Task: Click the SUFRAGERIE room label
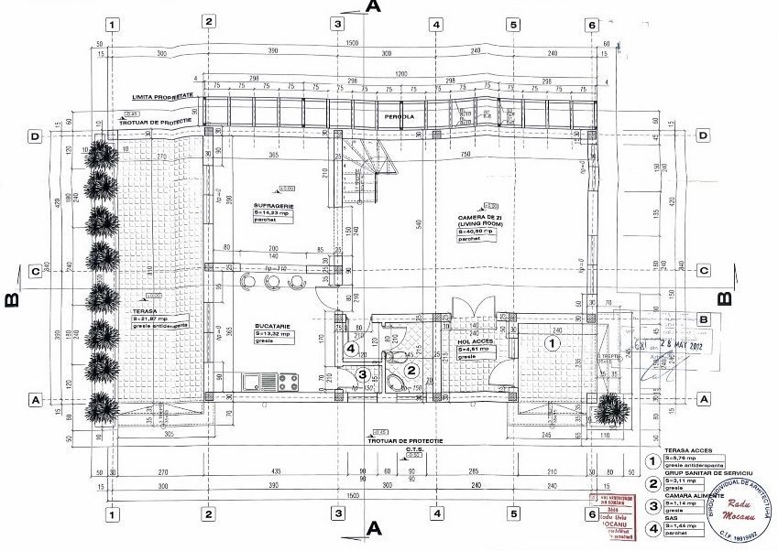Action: click(274, 207)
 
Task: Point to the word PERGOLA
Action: click(398, 116)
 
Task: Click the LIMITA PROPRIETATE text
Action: click(161, 96)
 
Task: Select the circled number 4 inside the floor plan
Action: click(350, 348)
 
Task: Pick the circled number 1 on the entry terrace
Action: click(551, 343)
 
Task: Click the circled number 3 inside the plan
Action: click(362, 373)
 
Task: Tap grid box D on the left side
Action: click(36, 136)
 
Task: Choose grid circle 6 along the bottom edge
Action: click(591, 515)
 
